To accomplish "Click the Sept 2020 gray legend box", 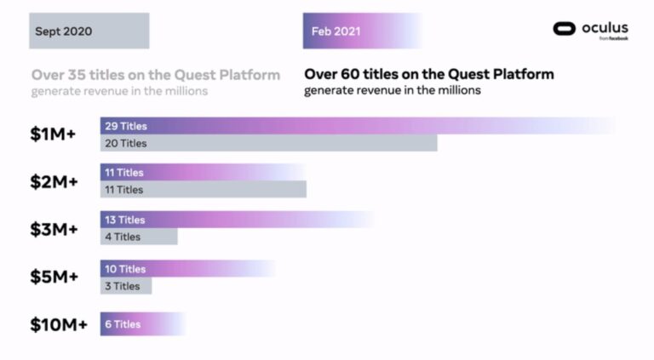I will (x=89, y=31).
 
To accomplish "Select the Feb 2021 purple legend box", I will (x=362, y=31).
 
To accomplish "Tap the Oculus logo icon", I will (x=565, y=29).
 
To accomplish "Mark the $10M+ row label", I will (x=59, y=324).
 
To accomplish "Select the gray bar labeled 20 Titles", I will (x=268, y=144).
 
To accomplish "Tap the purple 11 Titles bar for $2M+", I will (x=203, y=173).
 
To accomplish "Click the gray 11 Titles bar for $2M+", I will (x=203, y=190).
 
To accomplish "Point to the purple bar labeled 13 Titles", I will (x=237, y=220).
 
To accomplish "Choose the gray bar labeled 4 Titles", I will (x=139, y=237).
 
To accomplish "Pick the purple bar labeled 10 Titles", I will (x=187, y=269).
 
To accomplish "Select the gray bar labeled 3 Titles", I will (x=126, y=286).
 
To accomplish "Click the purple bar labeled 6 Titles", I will (x=142, y=324).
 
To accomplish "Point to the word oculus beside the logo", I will (x=605, y=27).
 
